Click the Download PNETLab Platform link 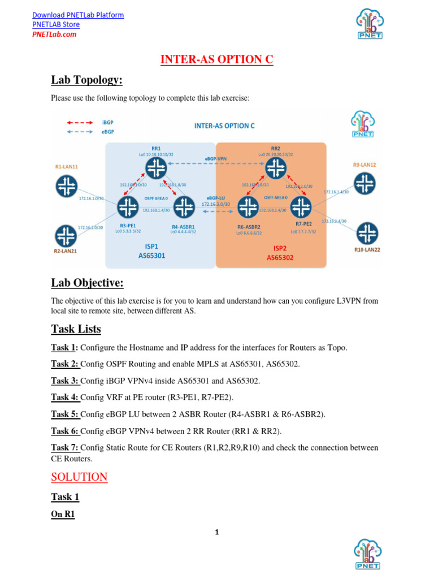coord(78,15)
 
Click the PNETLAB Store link coord(56,24)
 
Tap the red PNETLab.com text coord(54,34)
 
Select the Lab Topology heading coord(86,80)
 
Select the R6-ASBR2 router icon coord(248,208)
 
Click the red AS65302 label coord(281,257)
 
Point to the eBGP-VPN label coord(215,159)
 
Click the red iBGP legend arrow coord(80,122)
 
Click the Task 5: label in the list coord(65,414)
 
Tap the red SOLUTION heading coord(79,477)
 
